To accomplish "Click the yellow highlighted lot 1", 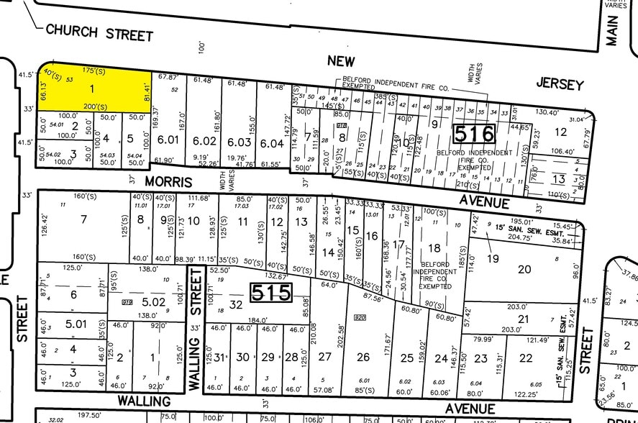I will click(x=91, y=88).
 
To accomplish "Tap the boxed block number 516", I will click(x=475, y=134).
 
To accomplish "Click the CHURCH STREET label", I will click(x=99, y=32).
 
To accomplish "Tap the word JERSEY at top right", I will click(x=560, y=84).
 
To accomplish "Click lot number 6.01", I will click(x=168, y=141).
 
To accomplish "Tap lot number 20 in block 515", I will click(x=524, y=268).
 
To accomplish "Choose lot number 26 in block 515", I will click(x=363, y=357).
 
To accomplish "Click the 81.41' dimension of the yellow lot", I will click(x=146, y=92).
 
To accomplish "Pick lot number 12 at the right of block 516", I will click(x=561, y=131).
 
